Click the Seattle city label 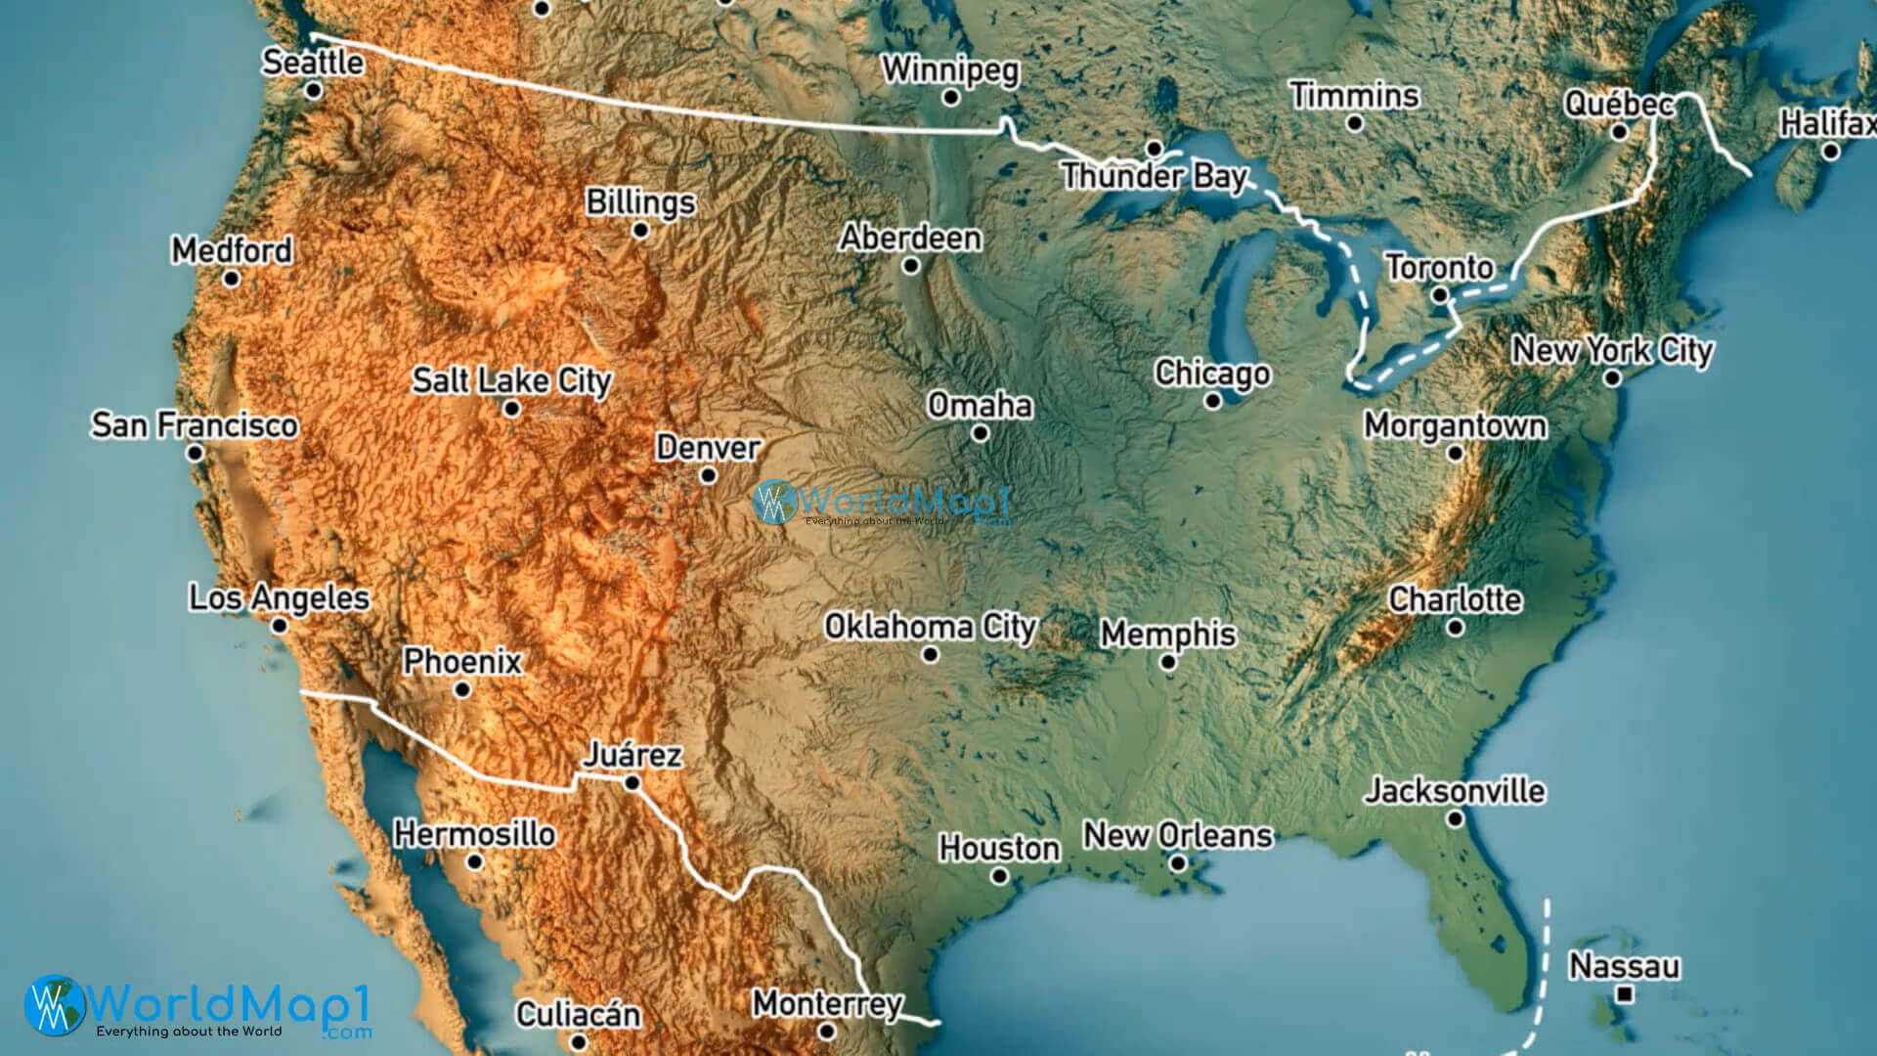(x=313, y=63)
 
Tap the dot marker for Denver (x=708, y=476)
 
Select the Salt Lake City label (x=511, y=380)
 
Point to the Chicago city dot (x=1213, y=401)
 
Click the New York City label (x=1613, y=350)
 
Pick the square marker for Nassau (x=1625, y=994)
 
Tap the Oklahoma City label (x=930, y=627)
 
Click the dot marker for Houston (x=999, y=876)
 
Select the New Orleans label (x=1178, y=836)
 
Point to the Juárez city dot (x=632, y=783)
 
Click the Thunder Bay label (x=1155, y=177)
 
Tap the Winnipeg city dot (x=950, y=98)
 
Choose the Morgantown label (x=1456, y=425)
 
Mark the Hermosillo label (x=475, y=834)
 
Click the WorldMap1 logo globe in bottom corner (x=56, y=1005)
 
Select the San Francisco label (x=195, y=425)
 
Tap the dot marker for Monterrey (x=827, y=1031)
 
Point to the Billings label (x=640, y=202)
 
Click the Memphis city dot (x=1168, y=662)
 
